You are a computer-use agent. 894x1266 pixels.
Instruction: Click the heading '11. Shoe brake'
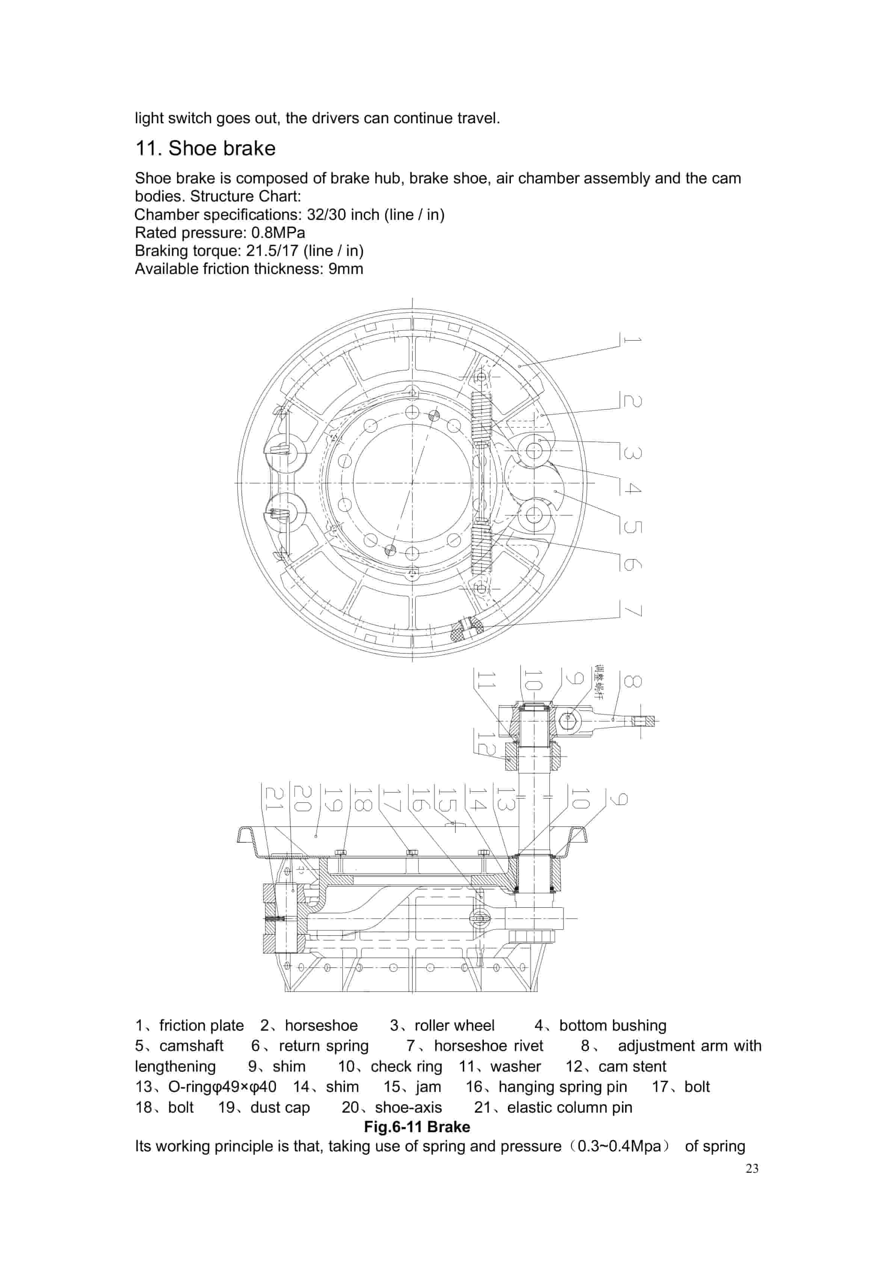205,148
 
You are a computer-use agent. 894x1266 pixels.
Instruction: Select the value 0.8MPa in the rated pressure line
278,233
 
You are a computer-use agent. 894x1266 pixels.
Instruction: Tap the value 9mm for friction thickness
346,269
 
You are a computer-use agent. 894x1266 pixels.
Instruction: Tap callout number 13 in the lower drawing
506,798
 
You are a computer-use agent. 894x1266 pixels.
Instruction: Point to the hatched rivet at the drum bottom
467,628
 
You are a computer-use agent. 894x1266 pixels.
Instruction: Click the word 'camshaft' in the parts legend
191,1046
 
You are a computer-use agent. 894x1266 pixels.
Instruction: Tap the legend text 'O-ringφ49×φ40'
222,1087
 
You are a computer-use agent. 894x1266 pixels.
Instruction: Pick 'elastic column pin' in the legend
569,1107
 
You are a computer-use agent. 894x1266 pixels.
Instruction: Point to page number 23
752,1168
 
